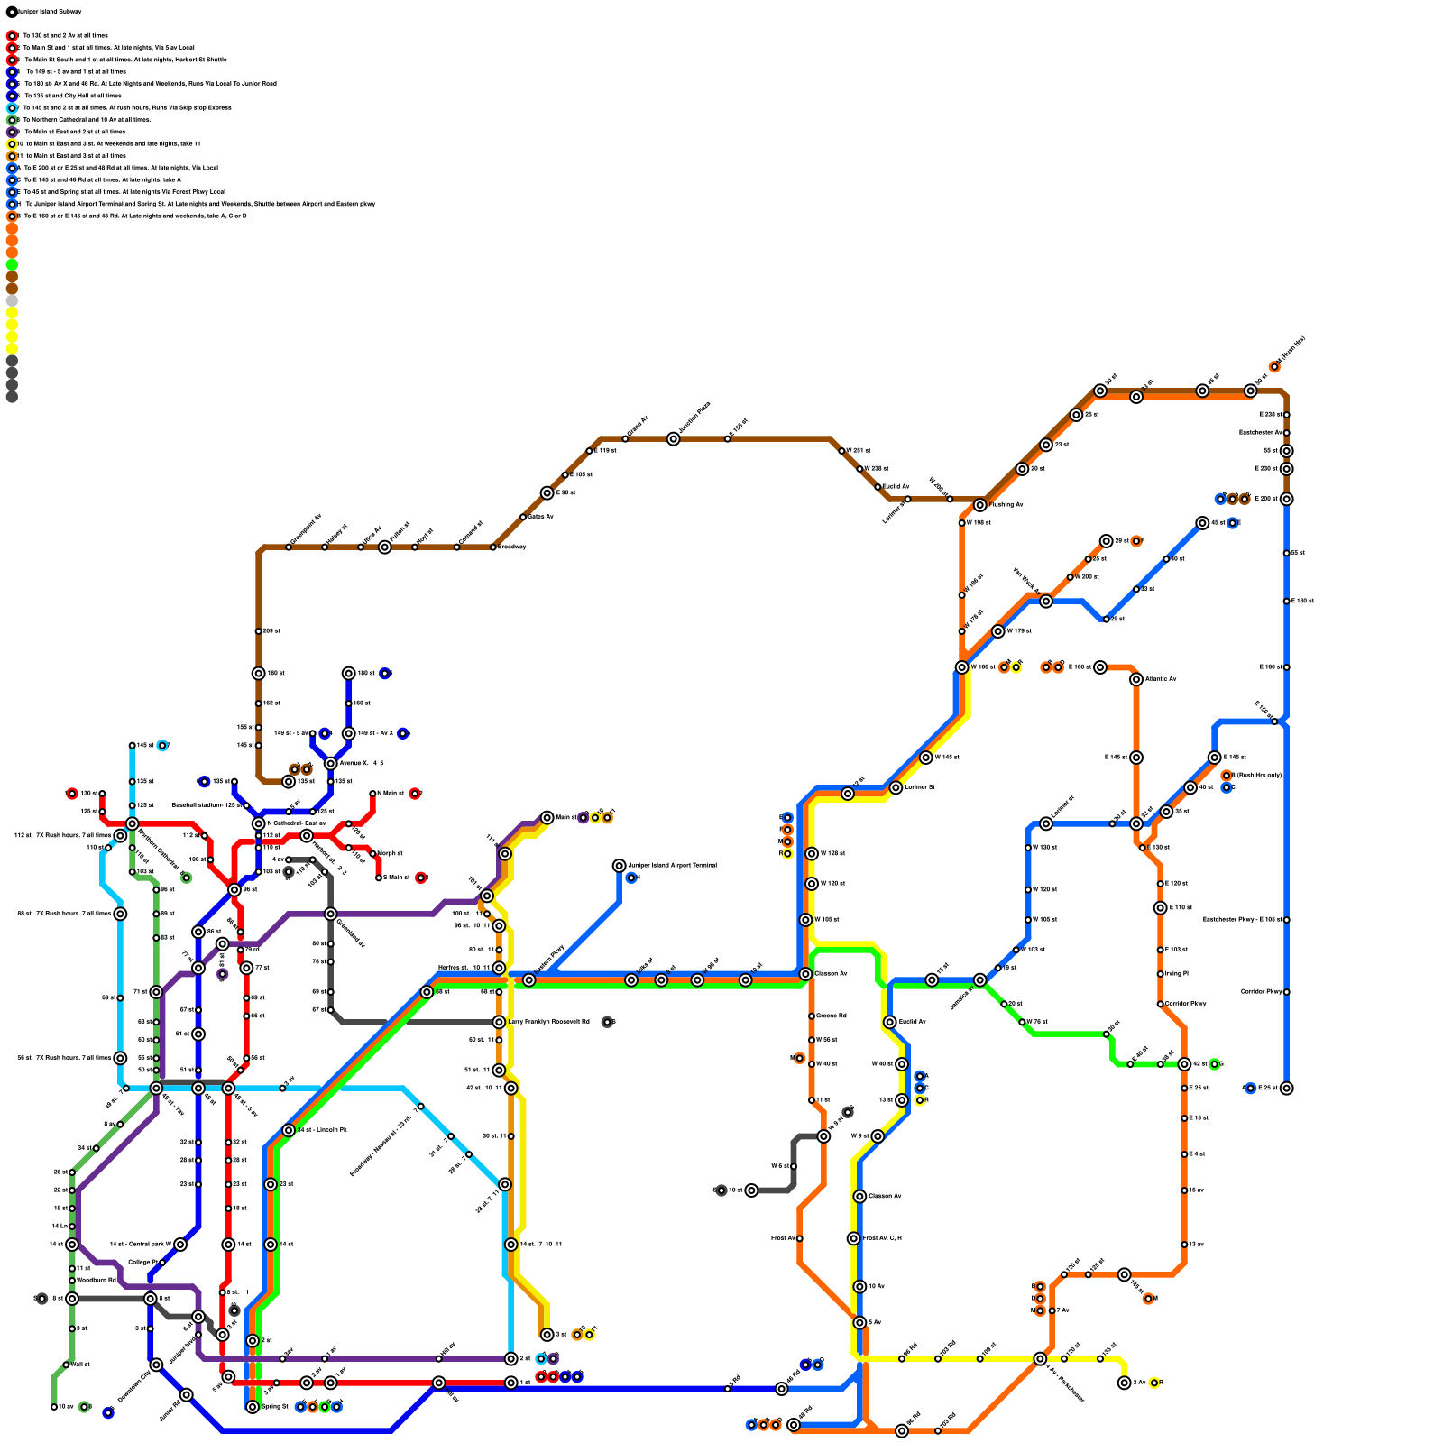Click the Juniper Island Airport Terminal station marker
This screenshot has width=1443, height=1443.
619,866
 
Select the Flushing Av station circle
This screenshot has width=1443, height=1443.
980,505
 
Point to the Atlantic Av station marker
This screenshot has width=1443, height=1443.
1136,679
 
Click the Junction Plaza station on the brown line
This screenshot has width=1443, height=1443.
674,439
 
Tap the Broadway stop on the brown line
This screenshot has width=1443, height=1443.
493,547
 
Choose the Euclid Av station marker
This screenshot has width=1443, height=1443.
890,1022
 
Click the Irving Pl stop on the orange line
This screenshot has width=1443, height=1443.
1161,974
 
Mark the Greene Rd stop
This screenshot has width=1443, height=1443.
812,1016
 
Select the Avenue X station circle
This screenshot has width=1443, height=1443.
331,764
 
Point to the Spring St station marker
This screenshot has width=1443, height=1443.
253,1407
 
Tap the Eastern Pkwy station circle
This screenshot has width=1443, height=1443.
529,980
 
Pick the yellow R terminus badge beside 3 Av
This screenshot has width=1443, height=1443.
1154,1383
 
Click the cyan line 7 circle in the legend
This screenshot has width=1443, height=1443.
12,108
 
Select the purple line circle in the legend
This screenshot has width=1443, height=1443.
12,133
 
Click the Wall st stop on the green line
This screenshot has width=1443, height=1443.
66,1365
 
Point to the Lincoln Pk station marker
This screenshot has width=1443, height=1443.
289,1130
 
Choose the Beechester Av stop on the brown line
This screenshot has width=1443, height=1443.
1287,433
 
